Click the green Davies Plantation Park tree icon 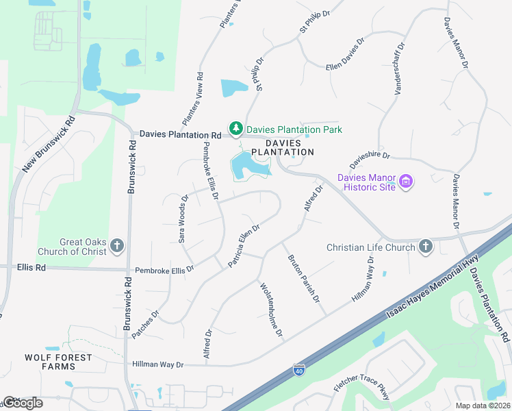point(236,129)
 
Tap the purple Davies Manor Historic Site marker point(407,182)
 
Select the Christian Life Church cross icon point(425,247)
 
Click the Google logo point(23,403)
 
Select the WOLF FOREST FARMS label point(49,362)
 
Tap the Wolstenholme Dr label point(270,310)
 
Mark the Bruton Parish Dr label point(304,279)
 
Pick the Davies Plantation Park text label point(294,129)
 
